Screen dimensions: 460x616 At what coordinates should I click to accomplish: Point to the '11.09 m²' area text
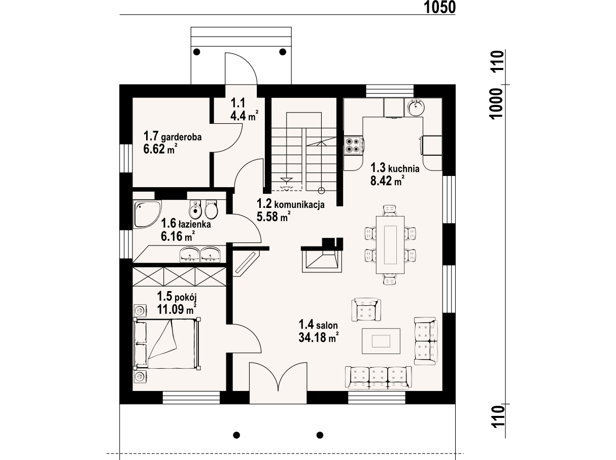tap(177, 309)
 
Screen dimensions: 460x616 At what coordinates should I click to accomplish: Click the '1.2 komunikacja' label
tap(290, 204)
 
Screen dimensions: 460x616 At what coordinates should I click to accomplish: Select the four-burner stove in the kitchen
tap(353, 146)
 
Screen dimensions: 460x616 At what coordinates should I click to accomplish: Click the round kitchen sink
tap(416, 107)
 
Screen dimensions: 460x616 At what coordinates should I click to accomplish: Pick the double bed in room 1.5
tap(165, 343)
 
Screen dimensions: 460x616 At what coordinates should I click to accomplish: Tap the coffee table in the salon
tap(381, 341)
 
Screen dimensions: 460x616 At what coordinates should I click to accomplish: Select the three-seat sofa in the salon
tap(379, 377)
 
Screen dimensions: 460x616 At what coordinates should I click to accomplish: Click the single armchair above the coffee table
tap(366, 309)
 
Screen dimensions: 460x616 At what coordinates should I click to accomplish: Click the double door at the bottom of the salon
tap(278, 382)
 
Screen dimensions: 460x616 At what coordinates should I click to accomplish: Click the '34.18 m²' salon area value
tap(319, 337)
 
